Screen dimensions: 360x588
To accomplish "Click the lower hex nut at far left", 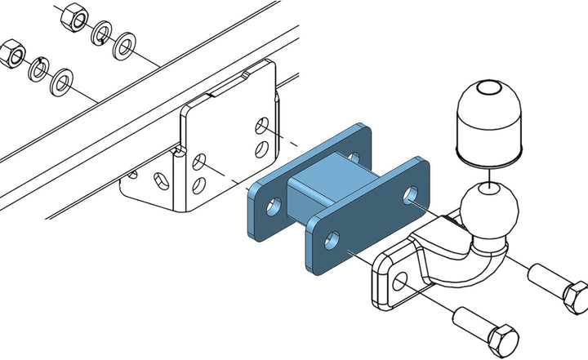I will click(x=12, y=56).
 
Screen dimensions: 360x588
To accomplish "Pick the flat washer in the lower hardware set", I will click(x=60, y=82).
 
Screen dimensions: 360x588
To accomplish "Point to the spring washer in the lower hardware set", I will click(x=38, y=71).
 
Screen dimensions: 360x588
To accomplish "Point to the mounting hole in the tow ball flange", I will click(x=399, y=281).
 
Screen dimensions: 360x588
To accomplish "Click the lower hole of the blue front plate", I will click(x=332, y=238).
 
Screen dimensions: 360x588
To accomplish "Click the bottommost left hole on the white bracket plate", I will click(x=198, y=184).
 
